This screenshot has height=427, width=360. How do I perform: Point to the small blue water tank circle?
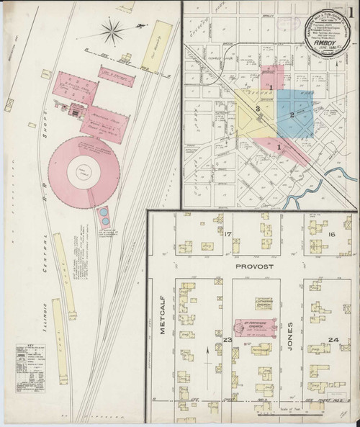coord(104,215)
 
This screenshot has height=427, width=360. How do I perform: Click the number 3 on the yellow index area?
coord(258,109)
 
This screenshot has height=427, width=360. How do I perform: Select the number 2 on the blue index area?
coord(292,115)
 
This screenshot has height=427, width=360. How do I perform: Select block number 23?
coord(227,339)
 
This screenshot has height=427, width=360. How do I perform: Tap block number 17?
coord(228,235)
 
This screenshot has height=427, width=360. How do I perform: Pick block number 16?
coord(332,235)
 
